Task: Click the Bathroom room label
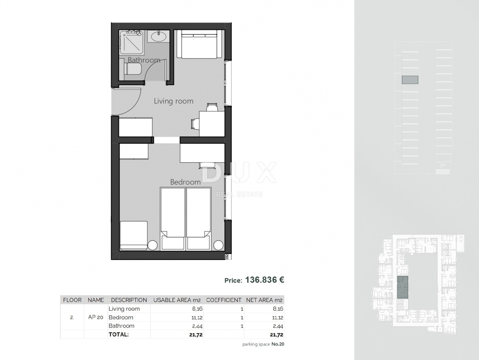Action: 144,60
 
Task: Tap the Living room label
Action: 174,101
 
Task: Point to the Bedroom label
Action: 185,182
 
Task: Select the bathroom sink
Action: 159,37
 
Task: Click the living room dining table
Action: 212,123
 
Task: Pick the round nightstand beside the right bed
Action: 218,245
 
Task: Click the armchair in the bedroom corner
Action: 133,235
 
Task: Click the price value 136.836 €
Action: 264,280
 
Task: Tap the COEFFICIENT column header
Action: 224,300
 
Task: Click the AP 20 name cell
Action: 96,317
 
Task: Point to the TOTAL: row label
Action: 119,334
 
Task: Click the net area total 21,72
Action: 276,334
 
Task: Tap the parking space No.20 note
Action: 265,344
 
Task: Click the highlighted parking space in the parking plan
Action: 410,80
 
